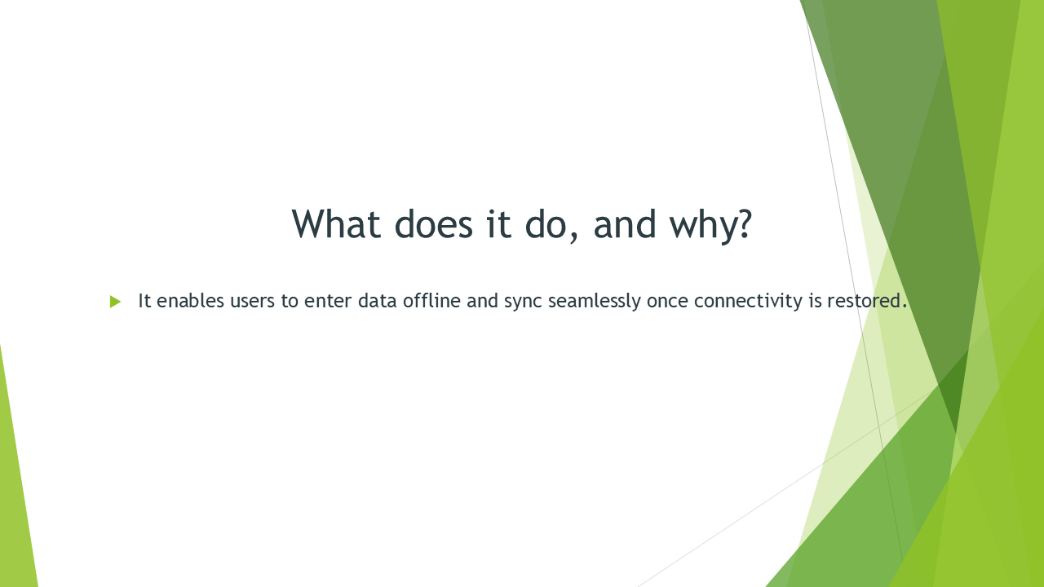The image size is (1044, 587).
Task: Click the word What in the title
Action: pyautogui.click(x=336, y=224)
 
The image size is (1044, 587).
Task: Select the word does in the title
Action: pyautogui.click(x=433, y=224)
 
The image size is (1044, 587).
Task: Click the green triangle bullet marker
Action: pyautogui.click(x=115, y=302)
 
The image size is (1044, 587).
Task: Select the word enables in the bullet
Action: pyautogui.click(x=190, y=301)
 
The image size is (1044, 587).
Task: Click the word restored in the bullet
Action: pyautogui.click(x=864, y=301)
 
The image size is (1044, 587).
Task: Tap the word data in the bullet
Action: pyautogui.click(x=378, y=301)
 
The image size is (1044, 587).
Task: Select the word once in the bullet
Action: pyautogui.click(x=667, y=302)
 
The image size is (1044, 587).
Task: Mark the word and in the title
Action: pyautogui.click(x=625, y=224)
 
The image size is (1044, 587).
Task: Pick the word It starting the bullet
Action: pyautogui.click(x=144, y=301)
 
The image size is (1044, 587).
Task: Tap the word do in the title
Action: pyautogui.click(x=546, y=224)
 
